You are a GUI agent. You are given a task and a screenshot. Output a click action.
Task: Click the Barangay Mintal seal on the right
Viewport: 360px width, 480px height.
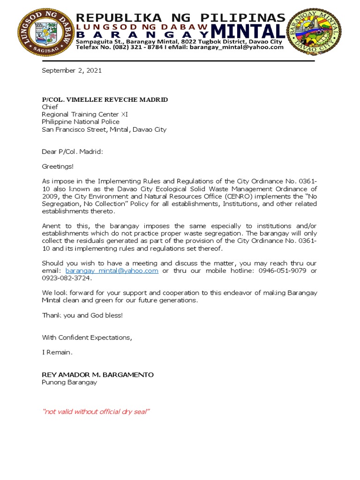point(314,31)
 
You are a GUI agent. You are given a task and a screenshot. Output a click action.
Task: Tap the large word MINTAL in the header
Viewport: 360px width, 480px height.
point(247,32)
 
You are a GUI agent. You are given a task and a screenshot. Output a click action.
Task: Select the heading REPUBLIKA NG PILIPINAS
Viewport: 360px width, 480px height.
point(180,18)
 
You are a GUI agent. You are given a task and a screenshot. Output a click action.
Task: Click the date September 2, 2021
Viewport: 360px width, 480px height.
point(71,71)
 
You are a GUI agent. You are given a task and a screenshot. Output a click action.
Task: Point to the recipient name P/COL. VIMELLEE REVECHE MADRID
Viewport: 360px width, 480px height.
point(105,100)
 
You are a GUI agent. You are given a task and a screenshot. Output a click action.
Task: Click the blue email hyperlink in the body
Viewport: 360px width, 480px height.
point(112,271)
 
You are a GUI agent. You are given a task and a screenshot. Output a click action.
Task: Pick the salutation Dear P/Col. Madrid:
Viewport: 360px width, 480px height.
point(72,152)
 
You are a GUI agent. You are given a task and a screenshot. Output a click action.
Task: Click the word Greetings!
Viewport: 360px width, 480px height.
point(58,166)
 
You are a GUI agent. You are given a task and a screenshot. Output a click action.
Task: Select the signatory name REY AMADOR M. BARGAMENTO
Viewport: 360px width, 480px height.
point(97,375)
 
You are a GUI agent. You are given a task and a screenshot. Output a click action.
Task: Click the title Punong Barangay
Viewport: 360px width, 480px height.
point(69,382)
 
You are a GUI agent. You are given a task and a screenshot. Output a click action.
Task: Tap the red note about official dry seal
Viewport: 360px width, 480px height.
point(96,412)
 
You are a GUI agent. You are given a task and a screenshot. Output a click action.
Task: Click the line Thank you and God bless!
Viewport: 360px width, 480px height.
point(82,315)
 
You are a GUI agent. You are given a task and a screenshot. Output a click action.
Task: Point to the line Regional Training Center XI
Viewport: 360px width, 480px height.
point(84,114)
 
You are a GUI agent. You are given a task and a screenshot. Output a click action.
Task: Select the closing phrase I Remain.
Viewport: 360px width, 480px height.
point(57,352)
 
